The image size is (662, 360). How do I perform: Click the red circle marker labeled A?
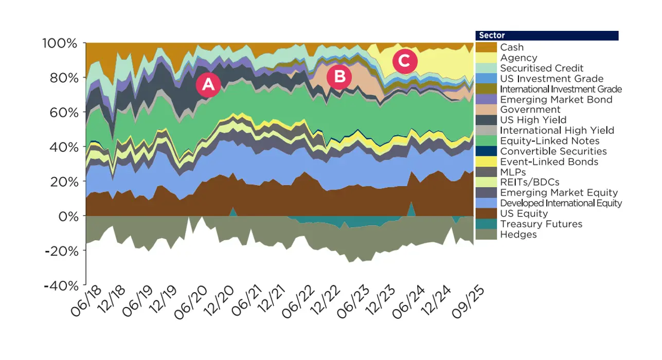[208, 85]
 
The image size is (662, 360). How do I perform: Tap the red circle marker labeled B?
[339, 77]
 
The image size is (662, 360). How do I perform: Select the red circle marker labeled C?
[404, 61]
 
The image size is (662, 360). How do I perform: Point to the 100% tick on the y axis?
[59, 43]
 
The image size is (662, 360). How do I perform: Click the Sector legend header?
[547, 35]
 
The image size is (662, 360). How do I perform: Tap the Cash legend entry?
[512, 47]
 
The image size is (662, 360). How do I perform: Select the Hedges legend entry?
[518, 235]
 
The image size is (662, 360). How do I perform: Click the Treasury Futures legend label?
[541, 224]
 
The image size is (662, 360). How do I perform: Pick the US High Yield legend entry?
[533, 120]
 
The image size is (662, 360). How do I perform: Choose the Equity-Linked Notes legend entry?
[549, 141]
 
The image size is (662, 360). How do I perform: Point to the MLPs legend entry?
[513, 172]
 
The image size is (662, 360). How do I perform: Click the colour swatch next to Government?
[486, 110]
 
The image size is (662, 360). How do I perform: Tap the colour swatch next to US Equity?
[486, 213]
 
